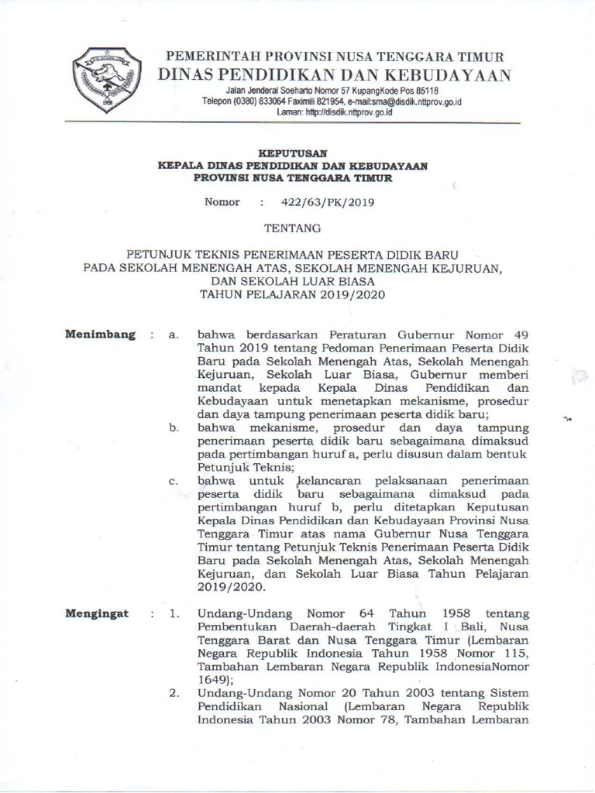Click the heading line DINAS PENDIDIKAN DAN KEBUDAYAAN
(334, 75)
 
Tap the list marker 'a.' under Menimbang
(174, 335)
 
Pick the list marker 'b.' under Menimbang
(174, 427)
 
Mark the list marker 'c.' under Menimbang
(174, 481)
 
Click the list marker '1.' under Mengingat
(175, 615)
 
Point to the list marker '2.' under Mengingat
(175, 692)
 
